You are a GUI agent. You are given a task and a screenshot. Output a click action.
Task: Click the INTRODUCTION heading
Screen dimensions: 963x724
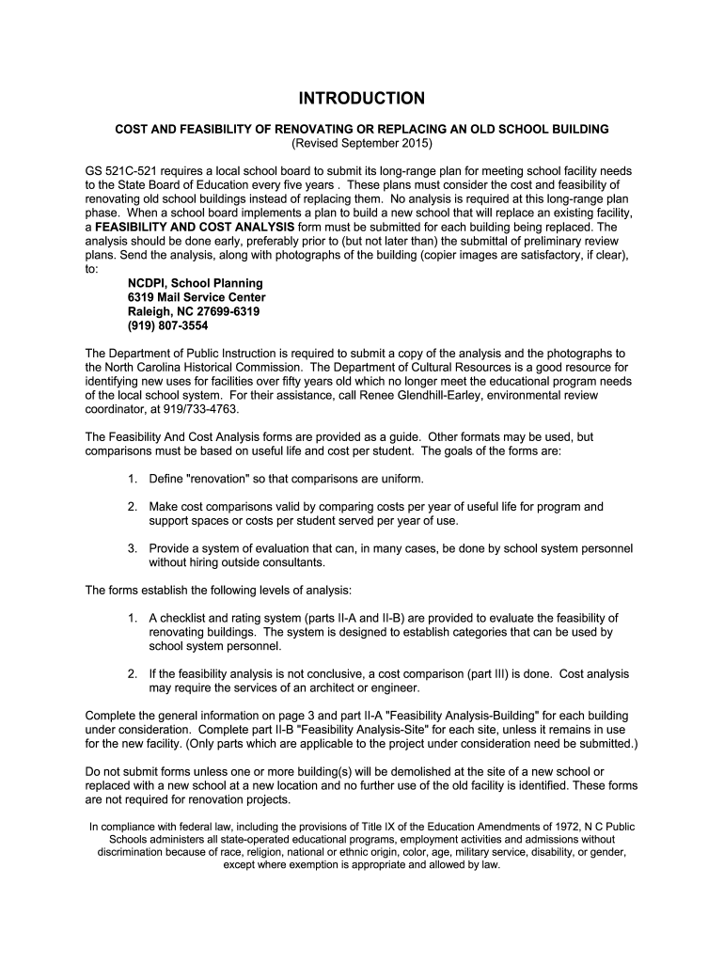click(362, 99)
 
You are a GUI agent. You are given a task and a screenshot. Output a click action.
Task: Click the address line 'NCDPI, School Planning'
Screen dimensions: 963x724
click(196, 283)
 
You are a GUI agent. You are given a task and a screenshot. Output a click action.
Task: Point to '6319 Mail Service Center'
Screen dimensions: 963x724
click(197, 297)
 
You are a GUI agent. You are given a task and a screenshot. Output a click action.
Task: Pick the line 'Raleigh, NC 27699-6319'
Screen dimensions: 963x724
click(194, 311)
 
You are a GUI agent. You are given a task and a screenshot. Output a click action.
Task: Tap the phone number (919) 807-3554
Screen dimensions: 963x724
click(168, 325)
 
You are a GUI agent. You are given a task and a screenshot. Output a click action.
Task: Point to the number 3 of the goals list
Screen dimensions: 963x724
click(132, 548)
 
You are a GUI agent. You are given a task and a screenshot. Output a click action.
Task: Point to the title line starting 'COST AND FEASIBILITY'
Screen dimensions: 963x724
click(362, 128)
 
